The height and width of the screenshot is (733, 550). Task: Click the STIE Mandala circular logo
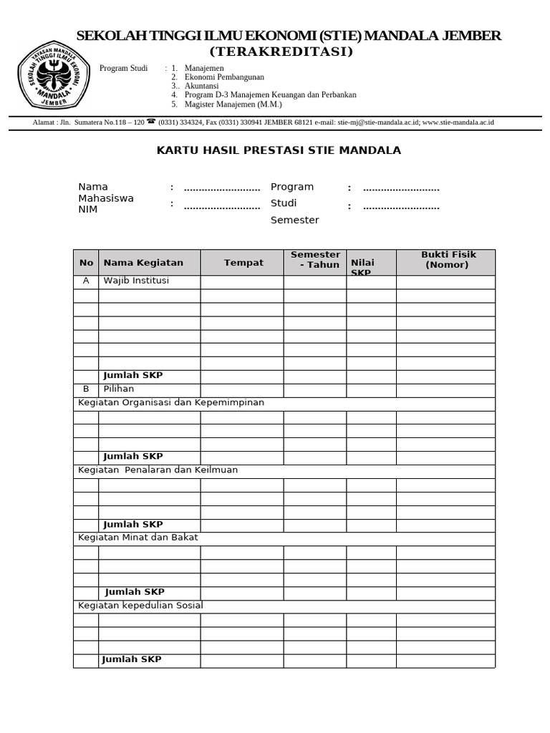pyautogui.click(x=54, y=74)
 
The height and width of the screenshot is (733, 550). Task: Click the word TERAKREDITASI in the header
pyautogui.click(x=281, y=52)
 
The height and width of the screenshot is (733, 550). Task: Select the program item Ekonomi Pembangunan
pyautogui.click(x=223, y=77)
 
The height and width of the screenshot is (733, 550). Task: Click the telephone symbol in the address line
pyautogui.click(x=151, y=122)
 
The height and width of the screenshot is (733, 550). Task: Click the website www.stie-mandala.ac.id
pyautogui.click(x=458, y=122)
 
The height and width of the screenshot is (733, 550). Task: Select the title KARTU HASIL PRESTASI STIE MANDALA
pyautogui.click(x=279, y=150)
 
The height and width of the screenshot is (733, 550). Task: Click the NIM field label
pyautogui.click(x=88, y=210)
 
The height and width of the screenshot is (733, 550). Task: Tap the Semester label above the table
pyautogui.click(x=294, y=220)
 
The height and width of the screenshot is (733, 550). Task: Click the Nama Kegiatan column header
pyautogui.click(x=143, y=263)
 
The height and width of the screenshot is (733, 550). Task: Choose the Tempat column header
pyautogui.click(x=243, y=263)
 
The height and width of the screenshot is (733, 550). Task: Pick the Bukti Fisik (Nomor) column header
pyautogui.click(x=448, y=260)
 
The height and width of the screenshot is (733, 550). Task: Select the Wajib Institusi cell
pyautogui.click(x=136, y=281)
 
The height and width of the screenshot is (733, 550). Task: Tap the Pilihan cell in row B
pyautogui.click(x=118, y=389)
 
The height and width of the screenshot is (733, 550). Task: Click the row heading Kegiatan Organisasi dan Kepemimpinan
pyautogui.click(x=170, y=402)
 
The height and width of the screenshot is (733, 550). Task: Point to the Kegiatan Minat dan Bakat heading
pyautogui.click(x=138, y=538)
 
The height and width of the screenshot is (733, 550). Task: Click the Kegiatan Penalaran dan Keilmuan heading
pyautogui.click(x=158, y=470)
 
